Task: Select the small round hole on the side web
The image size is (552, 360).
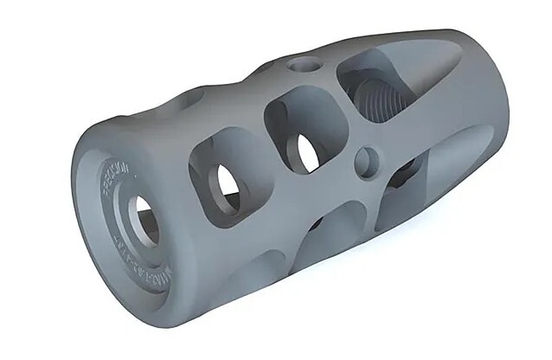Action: click(x=367, y=162)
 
